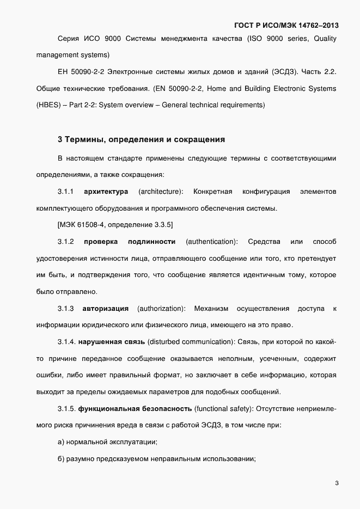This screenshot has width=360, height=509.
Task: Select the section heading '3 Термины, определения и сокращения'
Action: pos(141,139)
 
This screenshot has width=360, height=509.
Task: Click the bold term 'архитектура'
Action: pos(106,192)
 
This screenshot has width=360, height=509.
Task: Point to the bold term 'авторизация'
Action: pos(106,309)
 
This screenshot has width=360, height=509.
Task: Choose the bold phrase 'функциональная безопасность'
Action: pos(135,408)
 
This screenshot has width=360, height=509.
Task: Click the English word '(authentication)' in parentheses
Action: pos(212,241)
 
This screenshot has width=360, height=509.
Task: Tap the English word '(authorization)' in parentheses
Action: pos(161,309)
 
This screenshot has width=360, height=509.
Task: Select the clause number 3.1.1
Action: pos(65,192)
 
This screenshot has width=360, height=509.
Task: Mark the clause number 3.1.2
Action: pos(65,241)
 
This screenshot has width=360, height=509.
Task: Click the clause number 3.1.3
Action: pos(65,309)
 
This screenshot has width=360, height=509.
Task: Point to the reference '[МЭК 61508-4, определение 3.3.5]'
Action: pos(115,224)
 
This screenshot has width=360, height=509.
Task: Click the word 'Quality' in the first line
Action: pos(325,38)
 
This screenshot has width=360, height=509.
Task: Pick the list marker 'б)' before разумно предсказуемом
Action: pos(62,458)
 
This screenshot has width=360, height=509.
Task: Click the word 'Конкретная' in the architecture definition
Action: pos(213,192)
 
